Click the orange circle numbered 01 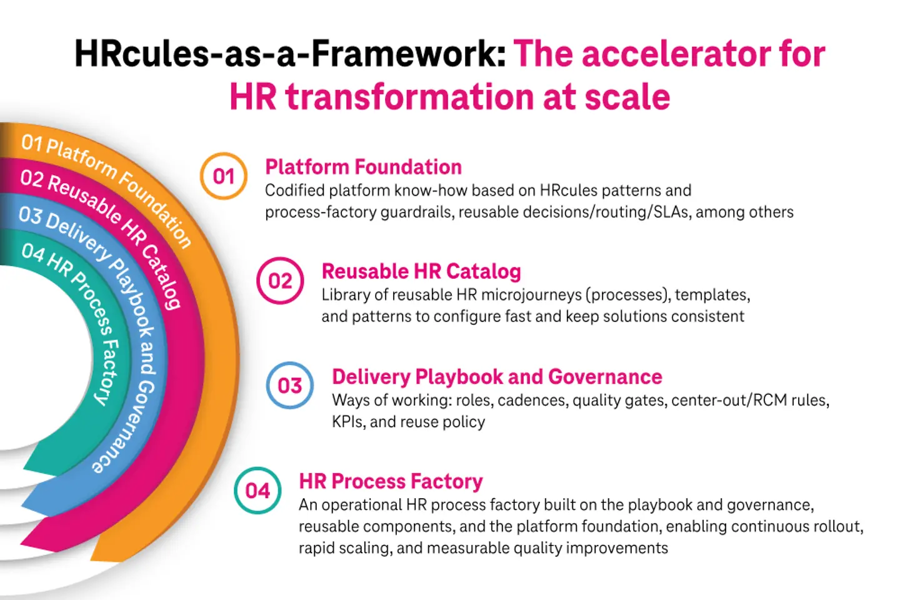coord(224,176)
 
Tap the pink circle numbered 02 coord(280,281)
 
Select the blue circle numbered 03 coord(290,385)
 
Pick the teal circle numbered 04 coord(257,491)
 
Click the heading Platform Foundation coord(363,167)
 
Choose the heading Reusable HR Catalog coord(421,271)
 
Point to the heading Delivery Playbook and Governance coord(497,377)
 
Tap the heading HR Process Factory coord(391,481)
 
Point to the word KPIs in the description coord(347,422)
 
